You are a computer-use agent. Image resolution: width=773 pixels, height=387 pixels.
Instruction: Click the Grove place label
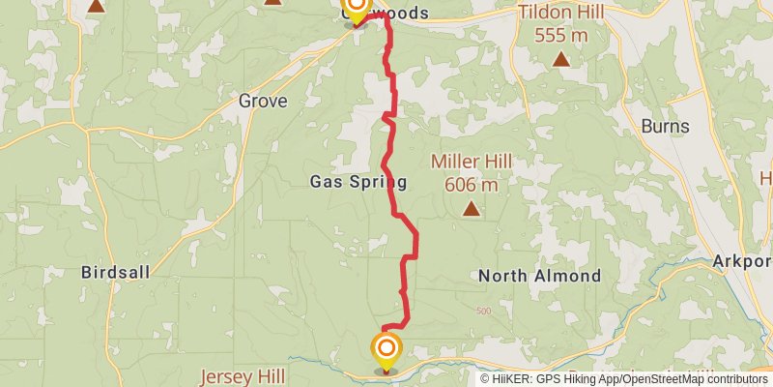coord(261,100)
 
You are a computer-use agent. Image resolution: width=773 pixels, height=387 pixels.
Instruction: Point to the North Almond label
coord(539,276)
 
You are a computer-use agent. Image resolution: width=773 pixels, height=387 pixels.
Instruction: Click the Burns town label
coord(665,127)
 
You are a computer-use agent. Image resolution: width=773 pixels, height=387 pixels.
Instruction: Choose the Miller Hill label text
coord(472,162)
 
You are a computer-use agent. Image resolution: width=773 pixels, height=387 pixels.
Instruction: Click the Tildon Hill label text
coord(560,14)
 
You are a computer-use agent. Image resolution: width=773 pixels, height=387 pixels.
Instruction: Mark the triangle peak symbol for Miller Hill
coord(471,207)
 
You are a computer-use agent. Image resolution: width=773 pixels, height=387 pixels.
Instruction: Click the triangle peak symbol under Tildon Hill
coord(560,59)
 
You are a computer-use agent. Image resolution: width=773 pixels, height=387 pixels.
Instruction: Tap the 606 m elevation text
coord(472,184)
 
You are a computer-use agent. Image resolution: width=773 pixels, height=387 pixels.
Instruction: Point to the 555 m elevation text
coord(560,35)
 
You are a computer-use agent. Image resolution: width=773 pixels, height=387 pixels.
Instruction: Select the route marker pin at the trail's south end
coord(386,351)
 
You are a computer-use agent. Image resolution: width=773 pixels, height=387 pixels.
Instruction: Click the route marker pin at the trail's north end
coord(356,9)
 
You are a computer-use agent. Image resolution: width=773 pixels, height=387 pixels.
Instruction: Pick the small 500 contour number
coord(484,311)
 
